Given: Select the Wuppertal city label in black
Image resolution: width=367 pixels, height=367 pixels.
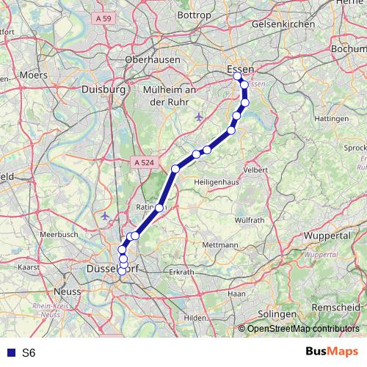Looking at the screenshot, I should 326,237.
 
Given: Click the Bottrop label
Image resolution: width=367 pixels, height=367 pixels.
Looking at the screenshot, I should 194,15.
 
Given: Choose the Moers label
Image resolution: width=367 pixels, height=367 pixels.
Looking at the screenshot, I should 33,75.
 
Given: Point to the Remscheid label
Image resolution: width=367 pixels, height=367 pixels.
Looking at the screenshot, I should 336,306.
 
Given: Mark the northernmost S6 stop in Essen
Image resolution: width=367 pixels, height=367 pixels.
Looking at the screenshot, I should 237,76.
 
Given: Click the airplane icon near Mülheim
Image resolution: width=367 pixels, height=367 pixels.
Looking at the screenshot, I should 199,117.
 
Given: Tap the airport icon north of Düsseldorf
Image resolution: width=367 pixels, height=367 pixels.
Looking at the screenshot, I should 106,216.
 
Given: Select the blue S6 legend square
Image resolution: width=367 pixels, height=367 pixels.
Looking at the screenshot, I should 10,353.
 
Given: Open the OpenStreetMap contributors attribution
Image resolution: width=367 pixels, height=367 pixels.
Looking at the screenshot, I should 302,329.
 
